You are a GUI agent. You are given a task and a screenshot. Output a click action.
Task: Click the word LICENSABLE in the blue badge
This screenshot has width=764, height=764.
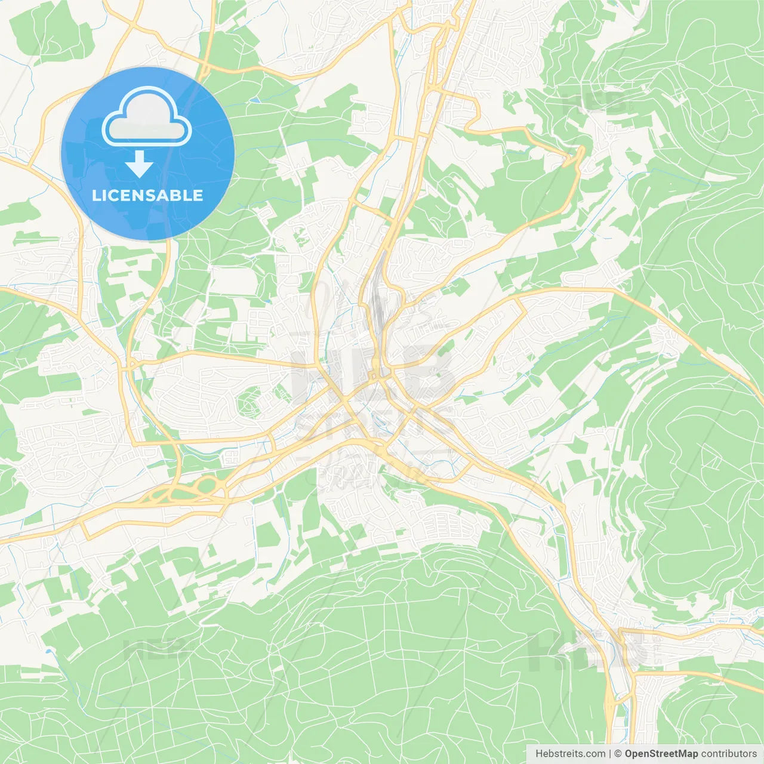tap(147, 195)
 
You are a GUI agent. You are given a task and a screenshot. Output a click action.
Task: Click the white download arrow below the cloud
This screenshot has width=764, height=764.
tap(140, 164)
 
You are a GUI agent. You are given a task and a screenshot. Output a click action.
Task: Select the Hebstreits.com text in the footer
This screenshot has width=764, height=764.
tap(570, 754)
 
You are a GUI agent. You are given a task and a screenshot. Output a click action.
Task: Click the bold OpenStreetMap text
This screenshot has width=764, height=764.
tap(661, 754)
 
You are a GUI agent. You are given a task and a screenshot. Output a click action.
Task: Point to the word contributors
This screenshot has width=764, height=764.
tap(729, 754)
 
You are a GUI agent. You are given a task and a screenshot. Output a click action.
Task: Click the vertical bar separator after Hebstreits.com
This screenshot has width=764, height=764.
tap(610, 754)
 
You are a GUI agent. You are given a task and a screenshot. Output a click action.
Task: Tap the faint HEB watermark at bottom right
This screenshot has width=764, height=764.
tap(588, 651)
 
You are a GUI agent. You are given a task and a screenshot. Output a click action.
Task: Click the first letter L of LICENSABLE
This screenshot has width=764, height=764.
tap(95, 195)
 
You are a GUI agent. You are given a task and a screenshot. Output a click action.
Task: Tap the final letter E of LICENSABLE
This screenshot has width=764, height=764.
tap(198, 195)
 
